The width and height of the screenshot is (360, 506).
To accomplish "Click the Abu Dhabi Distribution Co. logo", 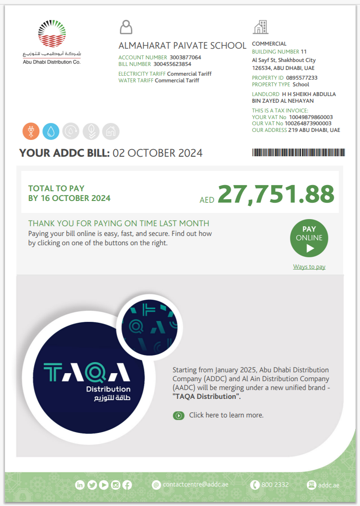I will [52, 42].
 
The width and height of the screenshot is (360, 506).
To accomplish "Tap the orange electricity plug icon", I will [31, 131].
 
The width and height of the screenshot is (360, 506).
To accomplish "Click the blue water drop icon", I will [51, 131].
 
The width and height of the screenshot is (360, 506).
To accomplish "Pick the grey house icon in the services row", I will [111, 131].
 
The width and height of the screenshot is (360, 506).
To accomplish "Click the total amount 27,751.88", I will [276, 194].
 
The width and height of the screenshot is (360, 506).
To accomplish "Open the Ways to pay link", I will [309, 267].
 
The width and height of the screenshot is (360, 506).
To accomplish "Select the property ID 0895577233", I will [302, 78].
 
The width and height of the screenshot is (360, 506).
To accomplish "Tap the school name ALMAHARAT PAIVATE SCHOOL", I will [182, 46].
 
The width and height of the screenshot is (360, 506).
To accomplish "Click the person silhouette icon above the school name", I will [126, 27].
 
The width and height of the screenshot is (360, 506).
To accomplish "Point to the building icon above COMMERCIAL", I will [260, 27].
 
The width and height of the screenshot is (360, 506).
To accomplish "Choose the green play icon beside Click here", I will [179, 415].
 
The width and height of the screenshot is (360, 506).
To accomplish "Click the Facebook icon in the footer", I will [127, 485].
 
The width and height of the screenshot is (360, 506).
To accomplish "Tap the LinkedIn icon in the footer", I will [80, 485].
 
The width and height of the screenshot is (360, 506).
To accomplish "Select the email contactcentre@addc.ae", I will [195, 485].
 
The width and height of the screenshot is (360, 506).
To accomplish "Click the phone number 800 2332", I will [275, 485].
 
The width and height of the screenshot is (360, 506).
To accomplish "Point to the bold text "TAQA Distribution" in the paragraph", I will [206, 397].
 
